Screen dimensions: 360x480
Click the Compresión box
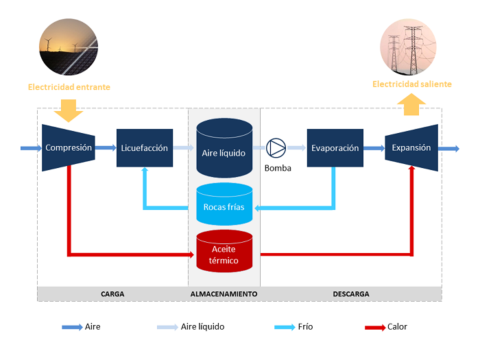click(x=69, y=147)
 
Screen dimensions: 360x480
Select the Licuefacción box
click(x=144, y=148)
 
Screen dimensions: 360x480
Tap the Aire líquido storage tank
click(x=224, y=147)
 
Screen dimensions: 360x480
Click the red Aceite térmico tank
click(x=224, y=252)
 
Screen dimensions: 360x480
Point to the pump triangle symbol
click(x=277, y=147)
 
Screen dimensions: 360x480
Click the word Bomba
click(x=278, y=167)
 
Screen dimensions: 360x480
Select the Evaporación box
click(x=335, y=148)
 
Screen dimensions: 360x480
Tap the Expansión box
click(x=411, y=147)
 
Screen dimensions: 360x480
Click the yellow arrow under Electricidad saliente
click(x=411, y=105)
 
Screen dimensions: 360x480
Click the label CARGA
click(x=112, y=293)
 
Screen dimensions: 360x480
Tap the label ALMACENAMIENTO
click(x=224, y=293)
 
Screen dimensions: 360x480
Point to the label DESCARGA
click(x=351, y=293)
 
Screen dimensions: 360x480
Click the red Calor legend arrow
click(x=374, y=327)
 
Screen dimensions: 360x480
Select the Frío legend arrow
click(x=284, y=327)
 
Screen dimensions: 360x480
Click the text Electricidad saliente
click(x=412, y=84)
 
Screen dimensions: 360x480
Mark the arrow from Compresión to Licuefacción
click(x=106, y=147)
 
